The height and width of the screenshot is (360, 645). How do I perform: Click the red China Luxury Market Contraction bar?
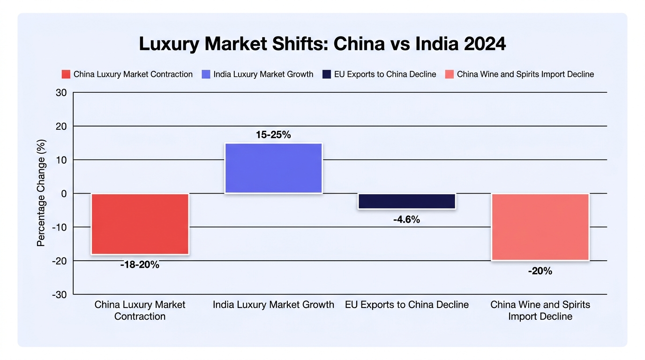point(140,224)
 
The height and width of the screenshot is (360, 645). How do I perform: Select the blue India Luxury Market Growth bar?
point(274,168)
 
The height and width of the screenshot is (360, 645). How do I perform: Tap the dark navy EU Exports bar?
point(406,201)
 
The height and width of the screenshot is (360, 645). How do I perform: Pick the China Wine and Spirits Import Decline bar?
point(540,227)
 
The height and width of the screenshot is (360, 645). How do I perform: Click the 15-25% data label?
point(273,135)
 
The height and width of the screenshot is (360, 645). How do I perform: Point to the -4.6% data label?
point(406,220)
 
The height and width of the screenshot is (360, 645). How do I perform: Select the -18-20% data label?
point(140,265)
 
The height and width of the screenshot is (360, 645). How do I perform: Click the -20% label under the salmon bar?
point(540,271)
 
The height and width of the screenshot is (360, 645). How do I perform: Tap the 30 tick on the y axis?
point(61,93)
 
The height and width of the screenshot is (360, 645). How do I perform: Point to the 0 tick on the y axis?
point(64,194)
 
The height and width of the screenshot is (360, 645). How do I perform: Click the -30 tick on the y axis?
point(60,295)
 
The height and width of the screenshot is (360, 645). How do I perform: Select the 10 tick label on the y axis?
point(61,160)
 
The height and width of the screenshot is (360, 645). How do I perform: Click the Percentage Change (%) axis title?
point(41,193)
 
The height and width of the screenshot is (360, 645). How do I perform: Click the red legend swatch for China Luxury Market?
point(66,75)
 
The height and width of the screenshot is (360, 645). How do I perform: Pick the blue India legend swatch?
point(206,75)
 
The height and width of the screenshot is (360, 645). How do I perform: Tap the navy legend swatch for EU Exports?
point(327,75)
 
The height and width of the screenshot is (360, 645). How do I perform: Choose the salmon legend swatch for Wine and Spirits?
point(450,75)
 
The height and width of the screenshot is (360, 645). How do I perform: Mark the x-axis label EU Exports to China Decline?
point(407,305)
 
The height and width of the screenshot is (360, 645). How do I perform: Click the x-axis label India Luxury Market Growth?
point(274,305)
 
